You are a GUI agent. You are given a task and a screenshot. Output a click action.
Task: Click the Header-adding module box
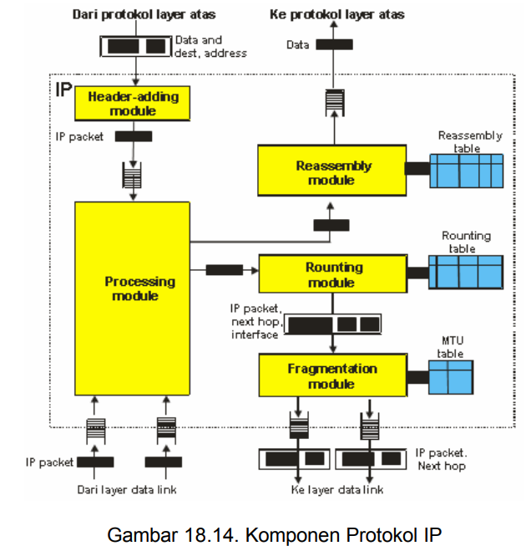point(134,105)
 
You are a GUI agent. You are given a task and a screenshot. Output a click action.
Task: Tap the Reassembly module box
point(331,172)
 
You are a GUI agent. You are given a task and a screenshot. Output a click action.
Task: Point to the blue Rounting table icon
point(466,272)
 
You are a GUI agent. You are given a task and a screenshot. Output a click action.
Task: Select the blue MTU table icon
point(451,376)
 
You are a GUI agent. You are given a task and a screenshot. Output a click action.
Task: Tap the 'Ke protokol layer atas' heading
point(338,14)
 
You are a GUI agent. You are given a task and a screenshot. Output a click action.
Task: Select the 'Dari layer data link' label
point(127,489)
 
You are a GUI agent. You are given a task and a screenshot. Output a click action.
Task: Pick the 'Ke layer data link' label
point(336,490)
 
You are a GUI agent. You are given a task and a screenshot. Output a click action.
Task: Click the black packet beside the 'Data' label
point(334,44)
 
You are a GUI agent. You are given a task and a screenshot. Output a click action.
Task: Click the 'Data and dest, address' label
point(210,47)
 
